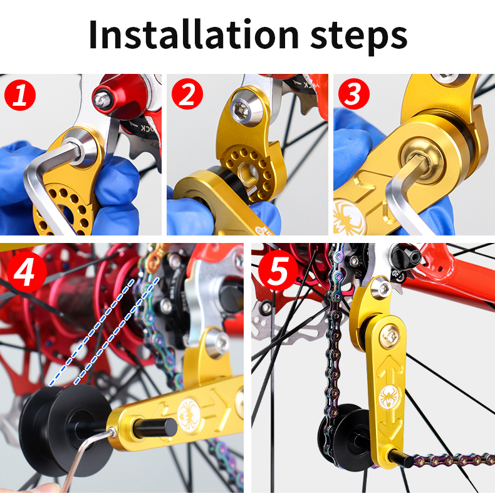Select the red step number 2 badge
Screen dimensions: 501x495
point(187,96)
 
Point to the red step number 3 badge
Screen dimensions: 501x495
point(354,96)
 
